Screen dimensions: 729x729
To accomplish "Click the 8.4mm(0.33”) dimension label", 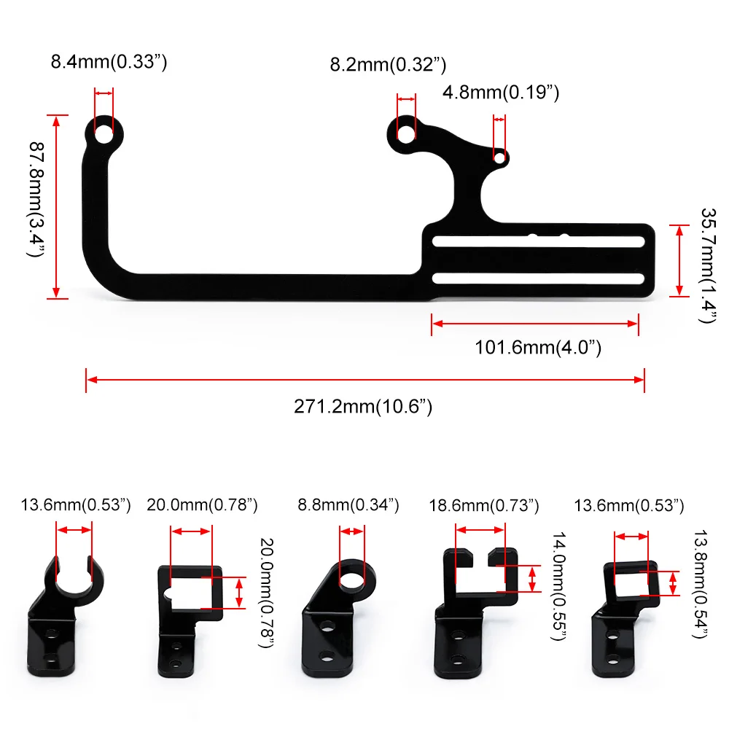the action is [x=109, y=62].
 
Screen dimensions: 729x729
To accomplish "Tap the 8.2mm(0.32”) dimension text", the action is [x=389, y=65].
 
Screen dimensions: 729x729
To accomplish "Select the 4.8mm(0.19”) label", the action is [x=501, y=93].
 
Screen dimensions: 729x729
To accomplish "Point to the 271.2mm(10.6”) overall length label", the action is [x=363, y=406].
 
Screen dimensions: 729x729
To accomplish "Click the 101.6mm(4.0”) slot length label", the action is [x=538, y=348].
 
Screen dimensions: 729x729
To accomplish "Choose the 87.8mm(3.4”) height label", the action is [x=36, y=199].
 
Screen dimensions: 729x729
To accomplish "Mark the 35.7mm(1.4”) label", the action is [x=708, y=265].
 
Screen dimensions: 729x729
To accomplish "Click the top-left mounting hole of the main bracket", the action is [x=104, y=134].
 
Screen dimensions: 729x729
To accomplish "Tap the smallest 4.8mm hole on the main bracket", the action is [x=499, y=158].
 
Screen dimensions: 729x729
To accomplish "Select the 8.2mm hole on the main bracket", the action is [x=406, y=134].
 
